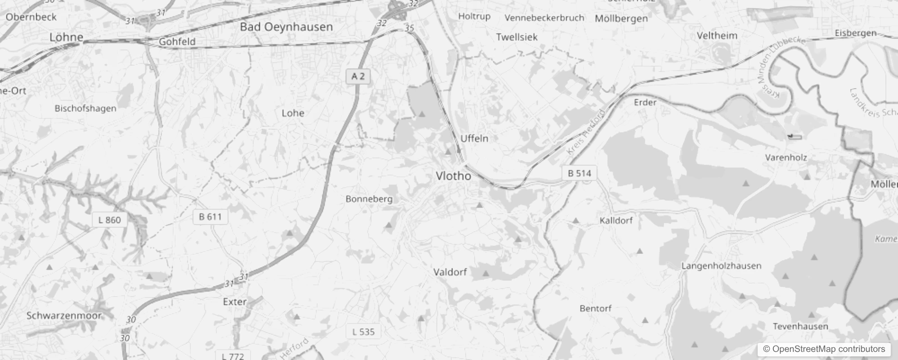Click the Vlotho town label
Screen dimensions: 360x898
[x=453, y=176]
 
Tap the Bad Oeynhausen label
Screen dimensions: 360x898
[x=286, y=27]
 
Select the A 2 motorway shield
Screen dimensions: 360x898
[x=358, y=76]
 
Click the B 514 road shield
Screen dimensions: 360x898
[x=579, y=173]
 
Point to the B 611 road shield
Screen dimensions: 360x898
[x=210, y=217]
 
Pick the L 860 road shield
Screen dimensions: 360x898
[x=109, y=220]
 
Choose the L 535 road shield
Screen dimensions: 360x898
[x=363, y=332]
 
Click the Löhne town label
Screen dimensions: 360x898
[x=66, y=37]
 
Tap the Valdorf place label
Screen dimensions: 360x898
[x=450, y=272]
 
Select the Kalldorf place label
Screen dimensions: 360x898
[x=616, y=220]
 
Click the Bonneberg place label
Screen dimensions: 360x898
[x=369, y=199]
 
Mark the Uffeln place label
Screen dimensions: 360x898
[x=474, y=139]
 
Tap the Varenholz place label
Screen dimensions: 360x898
[x=786, y=157]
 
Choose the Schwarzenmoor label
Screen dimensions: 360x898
[x=64, y=315]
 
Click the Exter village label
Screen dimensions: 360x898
[x=234, y=301]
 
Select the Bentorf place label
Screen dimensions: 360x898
[x=595, y=309]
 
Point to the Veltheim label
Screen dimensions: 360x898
[x=717, y=36]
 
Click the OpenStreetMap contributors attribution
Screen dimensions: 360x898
[x=824, y=349]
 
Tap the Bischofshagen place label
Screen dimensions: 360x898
[x=85, y=108]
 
